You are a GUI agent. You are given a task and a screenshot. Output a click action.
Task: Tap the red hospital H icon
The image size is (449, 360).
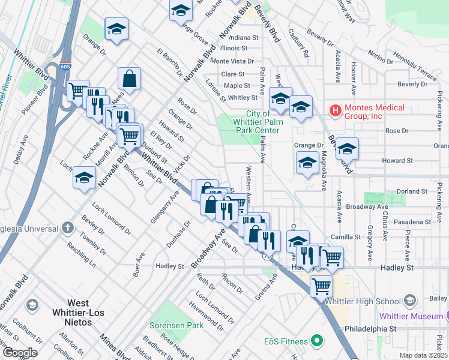[334, 110]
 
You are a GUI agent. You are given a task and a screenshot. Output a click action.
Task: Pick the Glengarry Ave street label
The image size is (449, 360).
[165, 207]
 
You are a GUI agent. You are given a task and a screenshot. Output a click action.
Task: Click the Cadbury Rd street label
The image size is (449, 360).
[298, 43]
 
